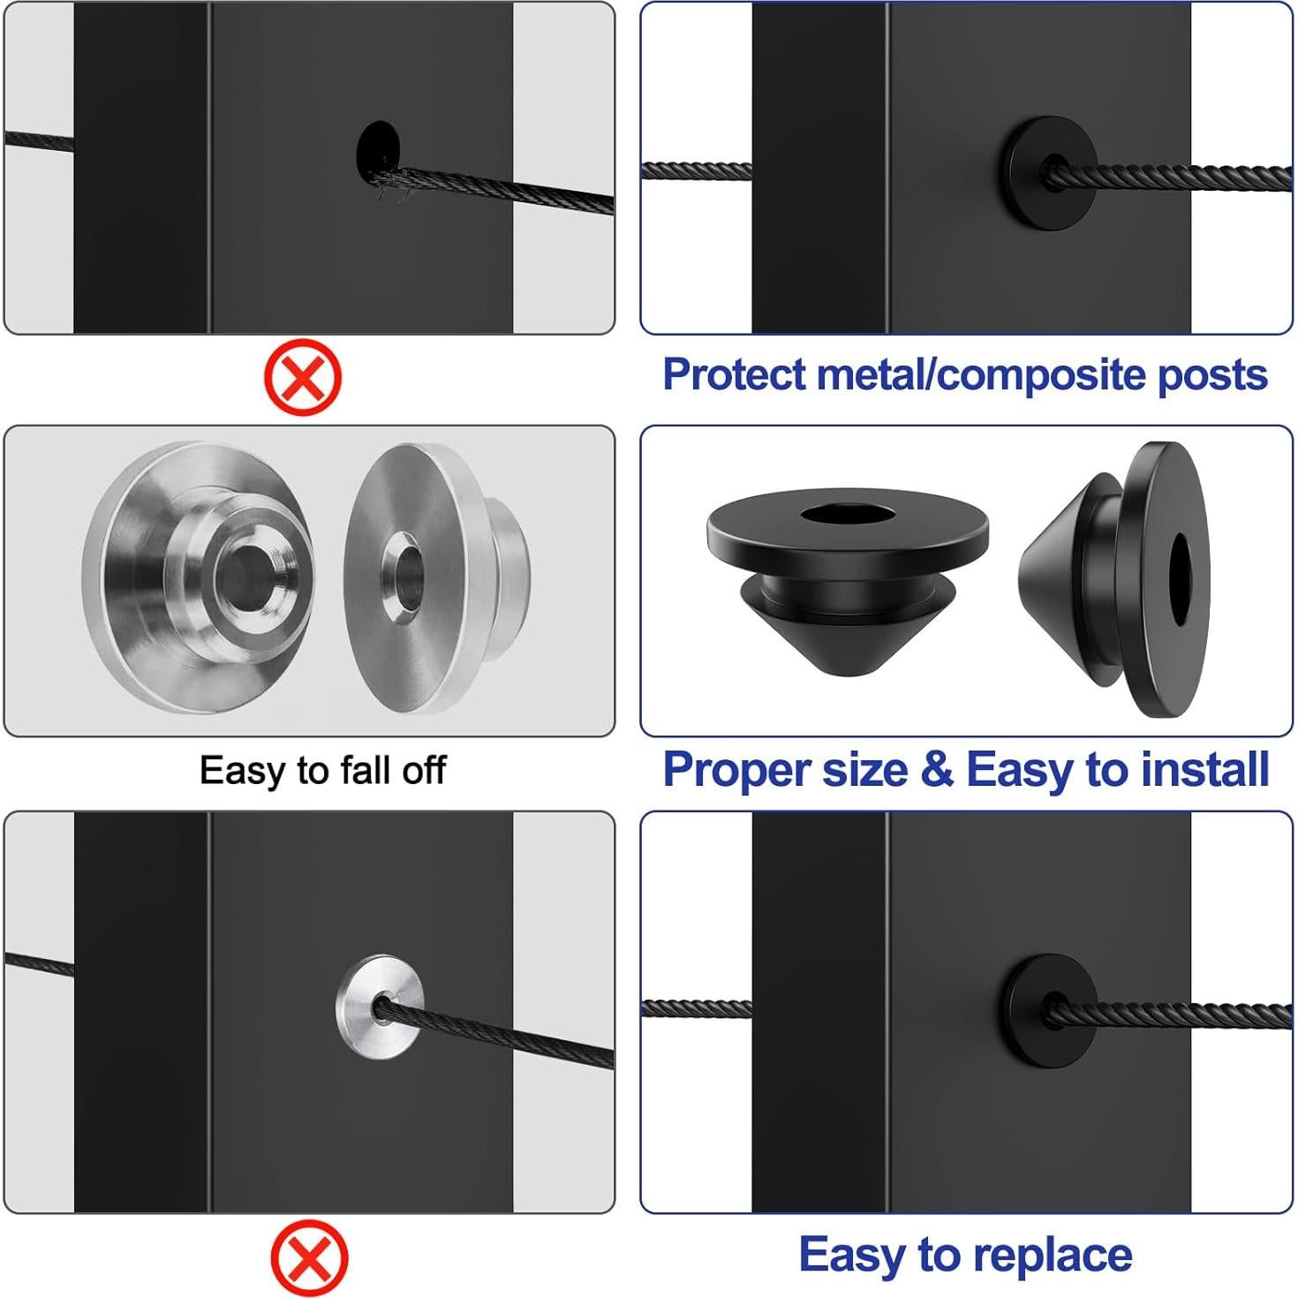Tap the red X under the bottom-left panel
(309, 1257)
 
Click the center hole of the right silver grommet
(403, 575)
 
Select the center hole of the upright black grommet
(847, 515)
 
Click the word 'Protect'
(735, 375)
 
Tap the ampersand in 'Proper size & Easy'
(936, 770)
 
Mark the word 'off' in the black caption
(424, 771)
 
